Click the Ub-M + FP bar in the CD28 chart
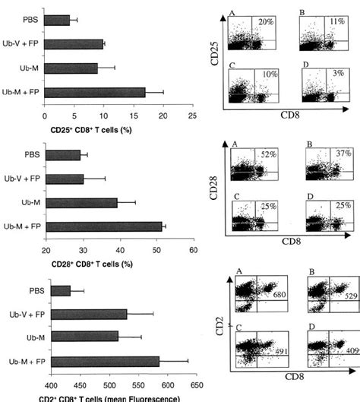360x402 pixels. click(103, 226)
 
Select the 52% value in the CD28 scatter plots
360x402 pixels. click(268, 155)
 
